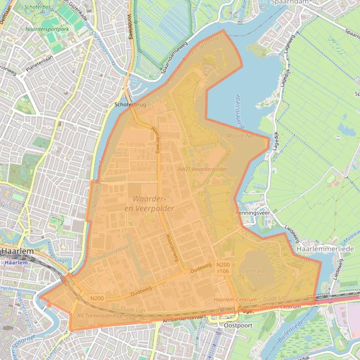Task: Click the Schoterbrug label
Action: (130, 105)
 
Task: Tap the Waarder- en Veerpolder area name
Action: (153, 203)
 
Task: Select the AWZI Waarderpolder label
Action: (202, 169)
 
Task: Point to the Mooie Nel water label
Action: (242, 136)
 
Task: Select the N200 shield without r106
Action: (97, 298)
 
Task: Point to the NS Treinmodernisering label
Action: (104, 316)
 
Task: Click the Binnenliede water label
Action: (236, 107)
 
